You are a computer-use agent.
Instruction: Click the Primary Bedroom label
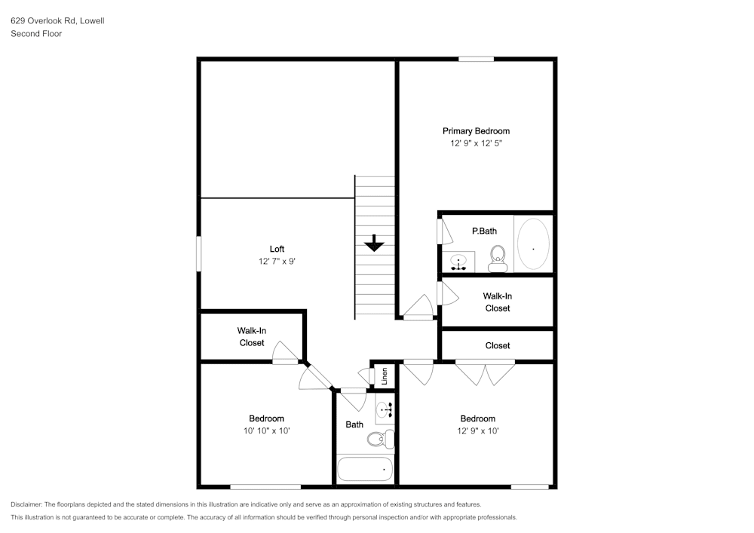(x=476, y=130)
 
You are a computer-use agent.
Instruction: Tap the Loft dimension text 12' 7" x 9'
(x=277, y=262)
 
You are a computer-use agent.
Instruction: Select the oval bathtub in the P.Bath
(x=533, y=244)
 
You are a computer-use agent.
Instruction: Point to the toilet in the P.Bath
(x=497, y=258)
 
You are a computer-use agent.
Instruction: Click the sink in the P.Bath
(x=458, y=262)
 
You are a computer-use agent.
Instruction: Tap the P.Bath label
(x=483, y=231)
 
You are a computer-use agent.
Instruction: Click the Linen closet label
(x=385, y=374)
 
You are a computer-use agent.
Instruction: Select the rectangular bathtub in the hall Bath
(x=365, y=469)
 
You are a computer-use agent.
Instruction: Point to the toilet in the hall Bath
(x=380, y=438)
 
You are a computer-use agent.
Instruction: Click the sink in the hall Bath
(x=385, y=409)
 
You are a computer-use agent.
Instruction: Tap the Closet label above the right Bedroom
(x=497, y=345)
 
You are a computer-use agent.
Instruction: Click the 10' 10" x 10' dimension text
(x=266, y=431)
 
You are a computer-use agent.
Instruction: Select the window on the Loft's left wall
(x=199, y=253)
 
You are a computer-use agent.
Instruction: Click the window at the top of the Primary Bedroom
(x=476, y=59)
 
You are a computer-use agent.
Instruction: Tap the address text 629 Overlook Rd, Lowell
(x=57, y=21)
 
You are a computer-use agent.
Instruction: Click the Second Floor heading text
(x=36, y=34)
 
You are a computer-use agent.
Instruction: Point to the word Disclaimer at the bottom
(x=26, y=504)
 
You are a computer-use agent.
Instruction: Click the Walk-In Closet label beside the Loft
(x=251, y=336)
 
